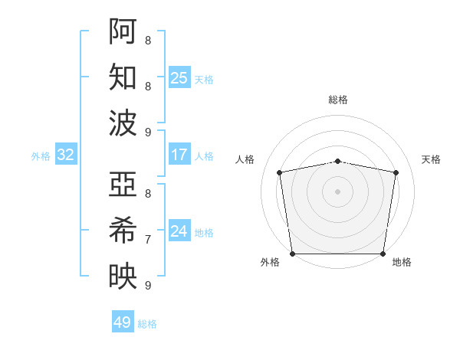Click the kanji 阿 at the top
[x=123, y=31]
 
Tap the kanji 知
[x=123, y=77]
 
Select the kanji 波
[x=123, y=123]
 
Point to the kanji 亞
[x=123, y=185]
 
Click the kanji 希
[x=123, y=231]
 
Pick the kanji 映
[x=123, y=277]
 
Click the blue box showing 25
[x=179, y=77]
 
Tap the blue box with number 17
[x=179, y=155]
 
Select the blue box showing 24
[x=179, y=231]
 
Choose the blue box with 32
[x=66, y=155]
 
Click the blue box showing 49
[x=122, y=322]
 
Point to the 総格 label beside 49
[x=147, y=324]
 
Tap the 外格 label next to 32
[x=41, y=156]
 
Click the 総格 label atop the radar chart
[x=338, y=100]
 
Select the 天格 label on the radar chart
[x=431, y=159]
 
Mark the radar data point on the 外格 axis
[x=292, y=254]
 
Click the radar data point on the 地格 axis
[x=383, y=254]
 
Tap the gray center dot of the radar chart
[x=338, y=191]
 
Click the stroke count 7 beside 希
[x=147, y=239]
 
